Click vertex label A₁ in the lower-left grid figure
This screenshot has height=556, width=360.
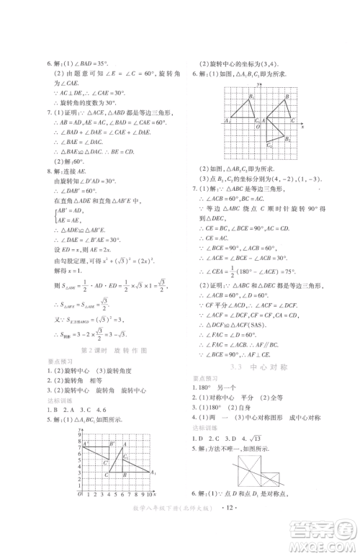click(x=153, y=472)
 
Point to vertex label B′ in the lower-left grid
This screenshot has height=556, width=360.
click(x=112, y=444)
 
